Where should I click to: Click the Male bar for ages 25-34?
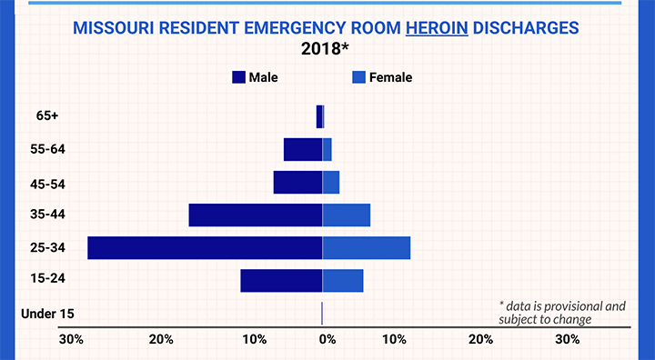(x=205, y=247)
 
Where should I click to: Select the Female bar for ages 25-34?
(x=367, y=247)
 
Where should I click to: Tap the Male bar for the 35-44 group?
(x=256, y=215)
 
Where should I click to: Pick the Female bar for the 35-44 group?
(x=347, y=215)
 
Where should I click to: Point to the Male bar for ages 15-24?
(x=281, y=281)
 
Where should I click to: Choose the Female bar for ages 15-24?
(x=343, y=281)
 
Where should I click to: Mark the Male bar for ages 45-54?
(x=297, y=183)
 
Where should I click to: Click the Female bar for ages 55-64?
(x=327, y=149)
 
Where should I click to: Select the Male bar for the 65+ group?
(x=319, y=116)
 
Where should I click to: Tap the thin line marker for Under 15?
(x=322, y=314)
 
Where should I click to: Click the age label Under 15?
(x=47, y=314)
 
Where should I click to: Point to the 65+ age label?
(x=47, y=115)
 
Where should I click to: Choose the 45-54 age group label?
(x=47, y=185)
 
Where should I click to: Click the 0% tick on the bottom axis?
(x=327, y=339)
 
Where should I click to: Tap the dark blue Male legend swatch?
(x=238, y=77)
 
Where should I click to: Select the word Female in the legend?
(x=390, y=77)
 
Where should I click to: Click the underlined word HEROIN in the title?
(x=437, y=28)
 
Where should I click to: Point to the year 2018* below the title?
(x=325, y=49)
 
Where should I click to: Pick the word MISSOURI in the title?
(x=114, y=28)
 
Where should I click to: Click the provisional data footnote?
(x=562, y=313)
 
